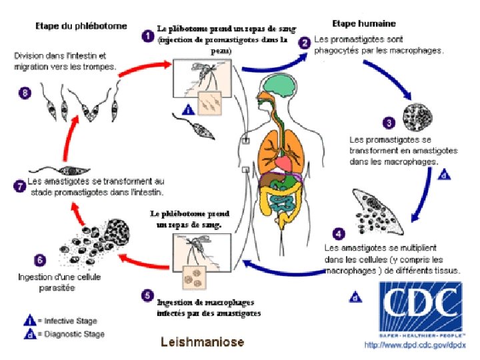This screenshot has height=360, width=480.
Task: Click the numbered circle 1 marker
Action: tap(147, 36)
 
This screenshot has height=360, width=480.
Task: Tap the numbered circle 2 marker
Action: tap(304, 43)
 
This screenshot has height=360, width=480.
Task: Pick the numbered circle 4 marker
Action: tap(339, 233)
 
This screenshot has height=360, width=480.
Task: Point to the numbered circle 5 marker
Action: tap(147, 294)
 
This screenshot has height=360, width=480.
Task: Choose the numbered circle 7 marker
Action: tap(20, 185)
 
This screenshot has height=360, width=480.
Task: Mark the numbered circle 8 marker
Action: tap(26, 93)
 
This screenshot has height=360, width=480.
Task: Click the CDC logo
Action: tap(420, 308)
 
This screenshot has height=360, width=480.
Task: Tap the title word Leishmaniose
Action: tap(203, 342)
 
